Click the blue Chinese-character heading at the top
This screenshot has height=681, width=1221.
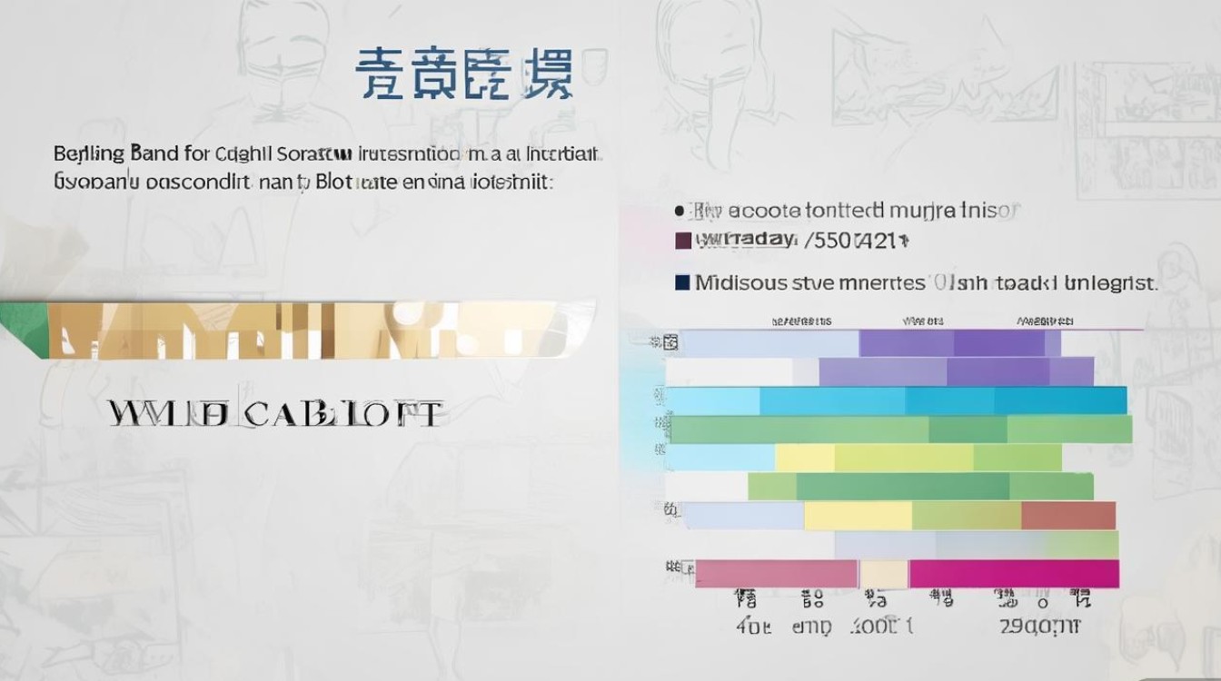point(463,74)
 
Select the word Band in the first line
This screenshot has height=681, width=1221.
point(154,153)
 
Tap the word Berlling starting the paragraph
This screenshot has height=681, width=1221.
point(89,153)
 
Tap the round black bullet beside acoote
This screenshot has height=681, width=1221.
point(680,211)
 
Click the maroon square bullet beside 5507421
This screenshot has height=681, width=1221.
point(683,241)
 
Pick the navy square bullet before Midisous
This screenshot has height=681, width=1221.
point(683,282)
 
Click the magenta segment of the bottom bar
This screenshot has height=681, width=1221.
point(1013,573)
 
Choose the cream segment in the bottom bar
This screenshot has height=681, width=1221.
point(884,573)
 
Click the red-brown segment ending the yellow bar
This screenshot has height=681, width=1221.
point(1068,516)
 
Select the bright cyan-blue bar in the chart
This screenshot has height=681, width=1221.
point(945,400)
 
